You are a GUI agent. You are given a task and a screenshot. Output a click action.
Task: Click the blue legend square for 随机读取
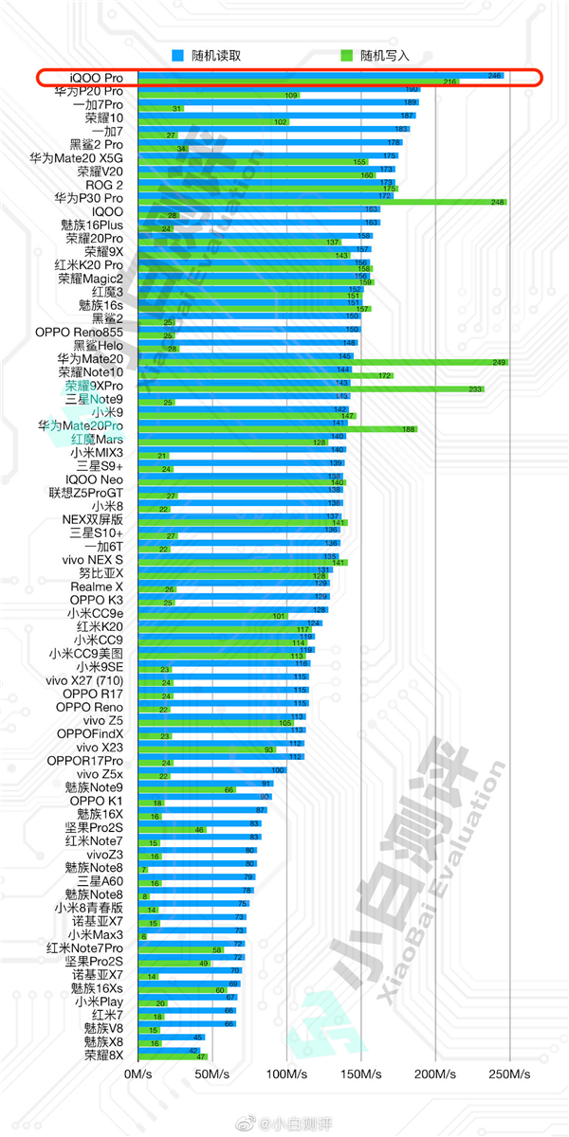[177, 55]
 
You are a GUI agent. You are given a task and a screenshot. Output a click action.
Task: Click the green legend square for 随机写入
[347, 55]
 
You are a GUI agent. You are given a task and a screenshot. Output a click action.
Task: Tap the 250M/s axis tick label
[509, 1074]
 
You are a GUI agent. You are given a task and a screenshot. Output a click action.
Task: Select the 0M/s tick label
[138, 1074]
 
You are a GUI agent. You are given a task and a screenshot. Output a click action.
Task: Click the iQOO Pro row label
[96, 76]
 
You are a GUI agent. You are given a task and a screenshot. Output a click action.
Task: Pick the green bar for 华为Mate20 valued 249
[322, 362]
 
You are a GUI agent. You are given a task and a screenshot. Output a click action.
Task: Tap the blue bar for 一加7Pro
[275, 102]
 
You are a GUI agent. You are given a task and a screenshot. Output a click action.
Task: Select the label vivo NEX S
[92, 559]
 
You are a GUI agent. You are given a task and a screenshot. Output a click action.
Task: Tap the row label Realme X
[97, 587]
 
